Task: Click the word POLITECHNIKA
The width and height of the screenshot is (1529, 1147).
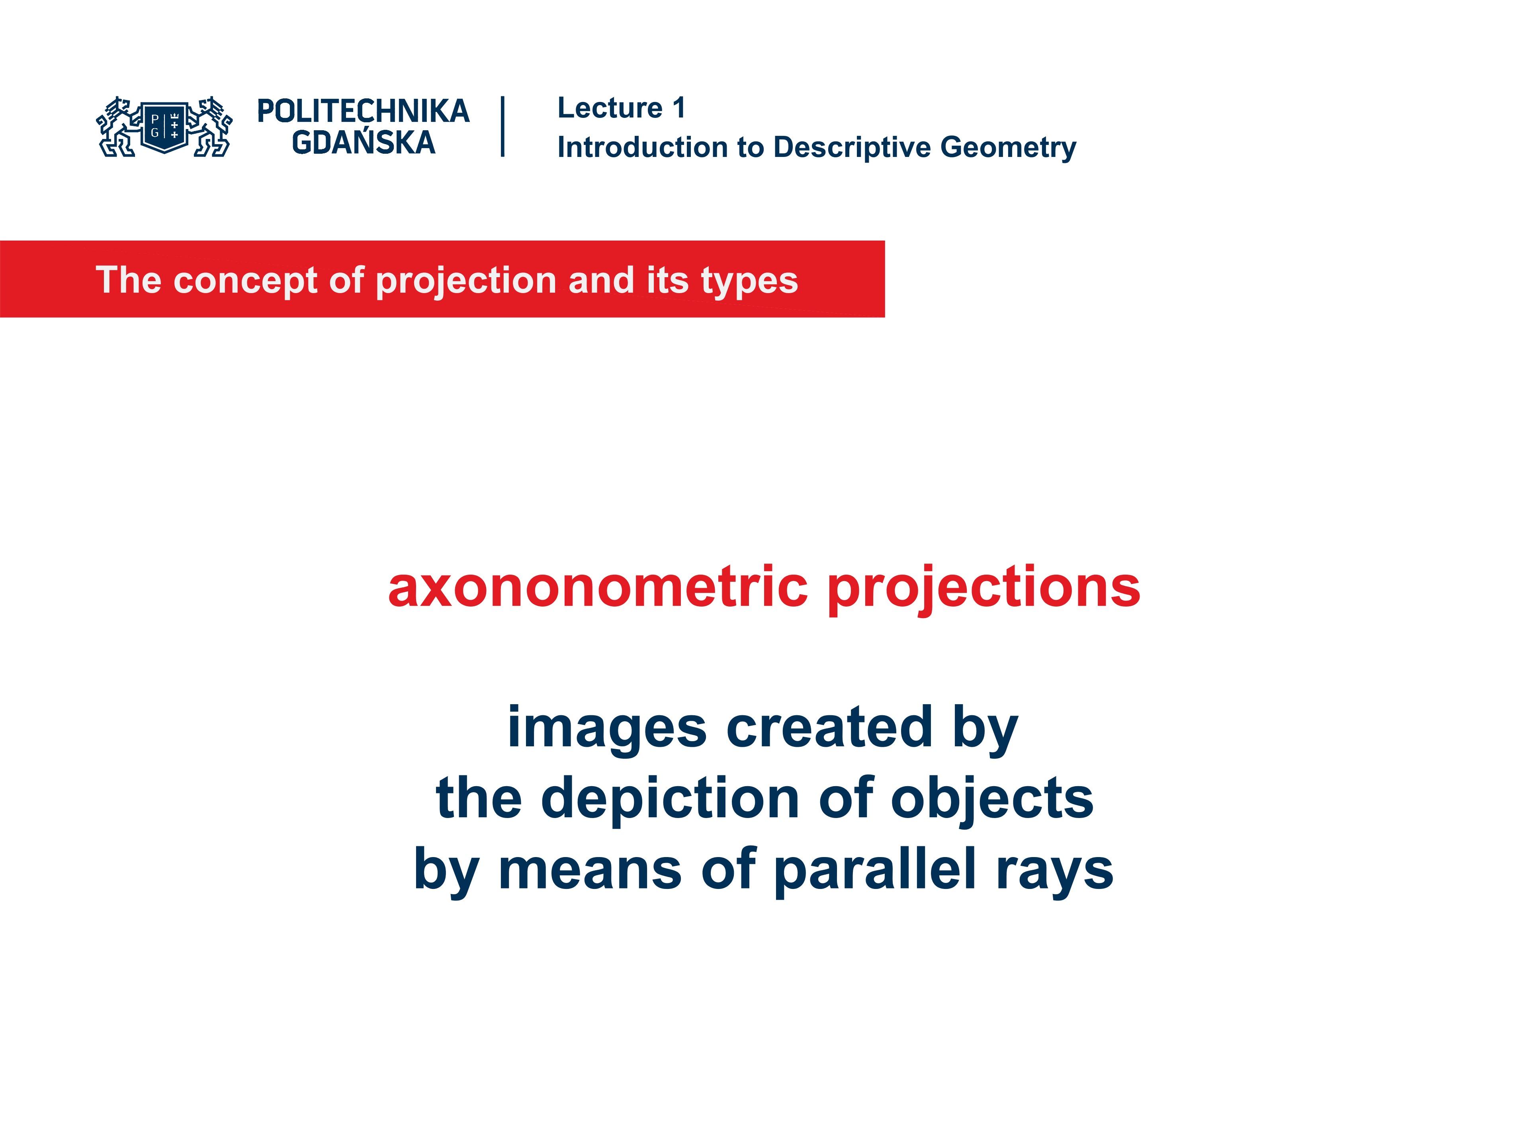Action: click(363, 111)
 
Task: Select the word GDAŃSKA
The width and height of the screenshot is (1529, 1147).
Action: click(364, 143)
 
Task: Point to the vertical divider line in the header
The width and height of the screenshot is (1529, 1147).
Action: click(502, 127)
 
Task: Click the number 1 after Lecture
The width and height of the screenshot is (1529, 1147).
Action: click(679, 108)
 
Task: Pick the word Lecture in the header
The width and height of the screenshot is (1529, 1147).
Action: click(610, 108)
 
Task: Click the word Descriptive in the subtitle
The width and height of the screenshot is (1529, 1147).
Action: click(852, 147)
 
